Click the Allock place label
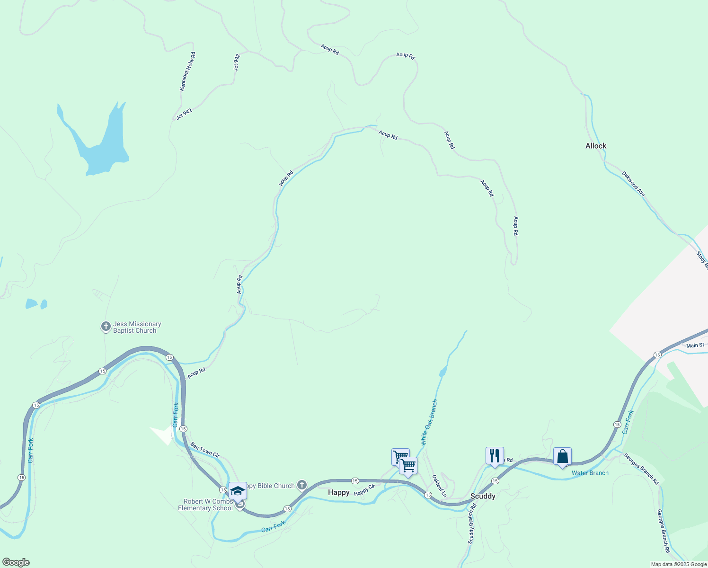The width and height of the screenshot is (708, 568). [x=595, y=146]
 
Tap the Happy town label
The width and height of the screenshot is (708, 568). [x=339, y=492]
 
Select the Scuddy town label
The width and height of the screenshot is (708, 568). [x=483, y=496]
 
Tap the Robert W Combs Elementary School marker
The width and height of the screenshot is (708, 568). [x=238, y=490]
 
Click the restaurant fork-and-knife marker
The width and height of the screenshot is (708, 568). [x=495, y=455]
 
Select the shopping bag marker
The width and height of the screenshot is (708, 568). [x=562, y=457]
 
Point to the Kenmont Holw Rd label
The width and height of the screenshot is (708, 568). [x=187, y=71]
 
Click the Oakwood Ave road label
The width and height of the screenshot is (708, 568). [x=633, y=184]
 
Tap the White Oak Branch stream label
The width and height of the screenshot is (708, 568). [x=429, y=423]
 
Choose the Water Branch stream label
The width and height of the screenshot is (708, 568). [x=590, y=473]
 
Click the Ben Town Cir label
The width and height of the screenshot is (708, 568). [x=205, y=450]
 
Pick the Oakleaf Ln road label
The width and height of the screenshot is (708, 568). [x=439, y=486]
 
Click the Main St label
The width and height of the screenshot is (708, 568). [x=695, y=346]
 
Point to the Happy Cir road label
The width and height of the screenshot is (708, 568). [x=364, y=490]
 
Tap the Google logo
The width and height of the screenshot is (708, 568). [x=16, y=562]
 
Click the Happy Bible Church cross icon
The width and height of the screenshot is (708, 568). [x=302, y=485]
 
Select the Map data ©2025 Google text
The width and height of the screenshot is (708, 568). [x=679, y=564]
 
